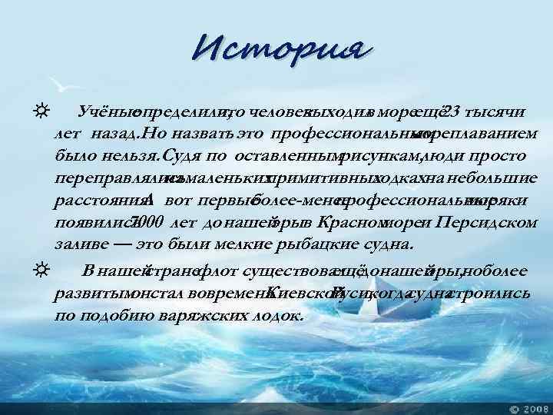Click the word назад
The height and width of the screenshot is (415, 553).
coord(116,135)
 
